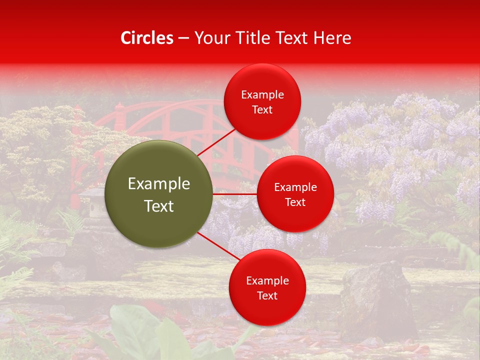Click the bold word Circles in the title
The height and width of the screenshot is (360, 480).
tap(147, 38)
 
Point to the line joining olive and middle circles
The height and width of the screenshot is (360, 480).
tap(234, 193)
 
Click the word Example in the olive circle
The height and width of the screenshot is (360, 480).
tap(159, 184)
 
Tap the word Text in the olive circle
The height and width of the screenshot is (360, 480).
tap(159, 206)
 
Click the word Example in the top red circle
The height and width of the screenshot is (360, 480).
tap(262, 94)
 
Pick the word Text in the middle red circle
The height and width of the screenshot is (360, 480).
tap(295, 202)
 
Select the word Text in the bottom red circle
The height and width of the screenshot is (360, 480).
tap(267, 295)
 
